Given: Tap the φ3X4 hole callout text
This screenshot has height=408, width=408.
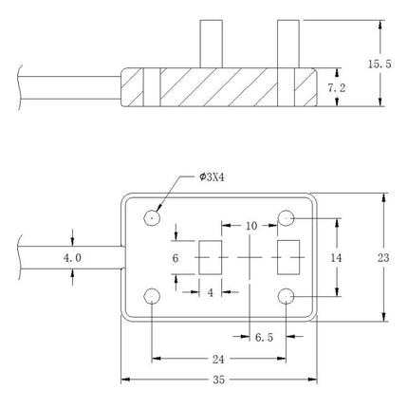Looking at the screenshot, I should [x=214, y=176].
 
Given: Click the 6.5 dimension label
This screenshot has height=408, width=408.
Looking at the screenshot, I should [x=268, y=337].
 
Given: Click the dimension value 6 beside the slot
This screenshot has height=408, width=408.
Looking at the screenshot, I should [x=176, y=257].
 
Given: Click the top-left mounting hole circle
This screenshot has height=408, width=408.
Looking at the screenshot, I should [x=151, y=218].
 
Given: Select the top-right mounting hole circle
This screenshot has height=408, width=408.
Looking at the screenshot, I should [x=286, y=219].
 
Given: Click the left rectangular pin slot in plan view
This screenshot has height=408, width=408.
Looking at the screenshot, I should [x=210, y=257].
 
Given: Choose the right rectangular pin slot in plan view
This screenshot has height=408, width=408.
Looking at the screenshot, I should [x=285, y=257].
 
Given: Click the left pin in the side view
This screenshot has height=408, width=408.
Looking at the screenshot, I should [x=210, y=45].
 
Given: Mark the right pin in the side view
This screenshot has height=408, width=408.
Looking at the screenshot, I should [x=286, y=45].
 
